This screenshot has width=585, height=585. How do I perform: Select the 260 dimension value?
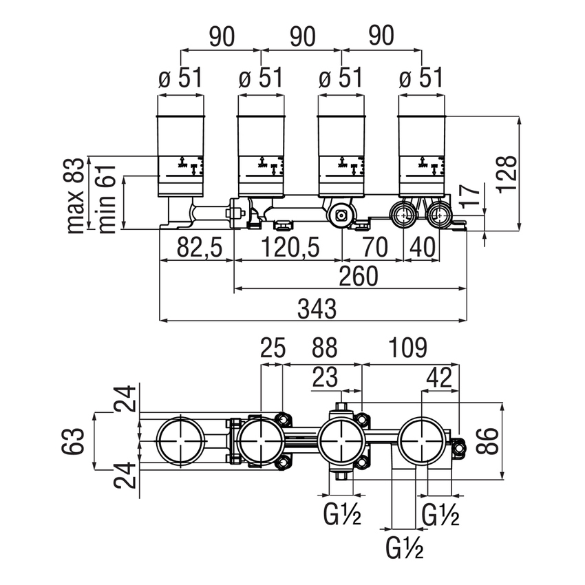point(359,277)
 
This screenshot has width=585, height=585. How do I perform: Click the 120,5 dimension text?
point(288,247)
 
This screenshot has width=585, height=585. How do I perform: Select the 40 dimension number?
point(427,247)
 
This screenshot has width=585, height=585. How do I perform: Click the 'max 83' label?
point(78,195)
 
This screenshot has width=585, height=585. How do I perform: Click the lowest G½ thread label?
point(405,549)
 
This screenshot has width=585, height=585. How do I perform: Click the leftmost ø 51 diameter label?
point(181,78)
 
